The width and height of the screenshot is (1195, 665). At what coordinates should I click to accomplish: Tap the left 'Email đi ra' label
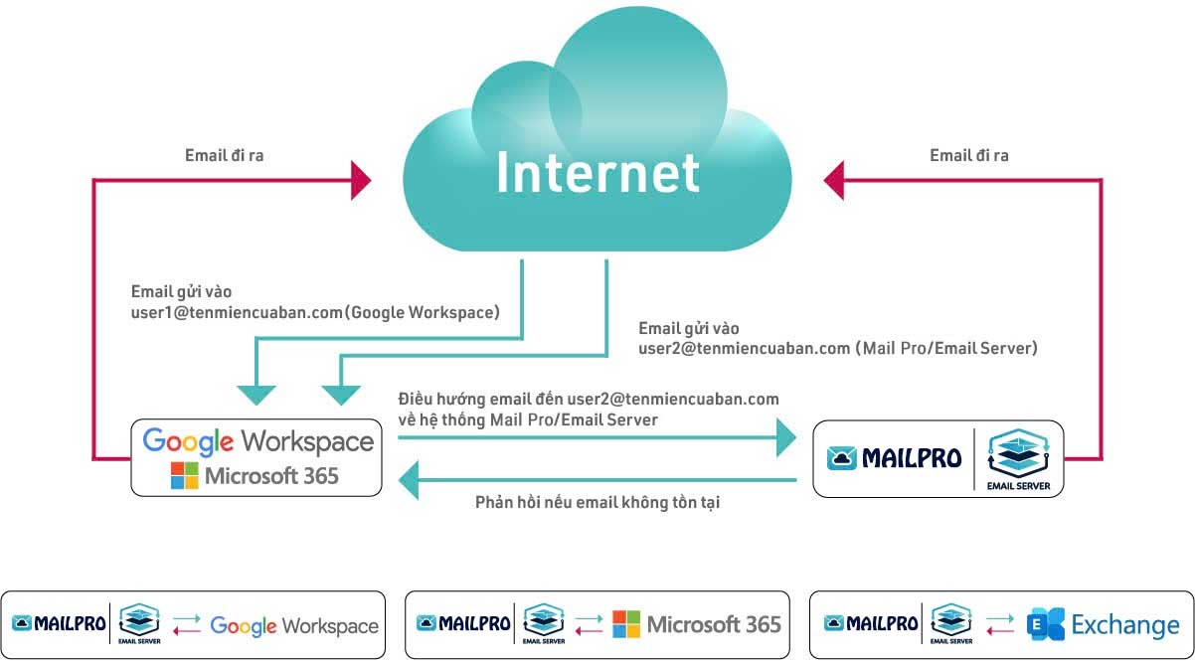click(x=225, y=155)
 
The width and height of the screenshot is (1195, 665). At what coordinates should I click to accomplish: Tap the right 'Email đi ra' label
click(x=969, y=155)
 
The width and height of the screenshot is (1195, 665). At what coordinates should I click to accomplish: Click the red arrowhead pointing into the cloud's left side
click(x=360, y=181)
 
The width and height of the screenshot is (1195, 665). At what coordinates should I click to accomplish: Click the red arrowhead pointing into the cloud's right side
click(x=834, y=181)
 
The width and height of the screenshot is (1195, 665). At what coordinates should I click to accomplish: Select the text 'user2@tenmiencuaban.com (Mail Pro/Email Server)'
click(x=838, y=349)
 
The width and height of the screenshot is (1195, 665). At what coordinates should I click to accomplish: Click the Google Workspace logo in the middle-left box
click(x=257, y=441)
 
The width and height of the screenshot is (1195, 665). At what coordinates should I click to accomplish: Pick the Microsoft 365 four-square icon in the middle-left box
click(x=185, y=475)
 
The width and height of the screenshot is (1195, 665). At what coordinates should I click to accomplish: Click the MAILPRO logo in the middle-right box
click(x=895, y=458)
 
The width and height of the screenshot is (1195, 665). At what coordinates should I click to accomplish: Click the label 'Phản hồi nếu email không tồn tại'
click(x=597, y=503)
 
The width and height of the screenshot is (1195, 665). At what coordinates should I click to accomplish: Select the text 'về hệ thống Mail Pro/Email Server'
click(x=527, y=420)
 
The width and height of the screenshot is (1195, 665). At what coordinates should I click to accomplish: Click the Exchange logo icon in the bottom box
click(x=1046, y=624)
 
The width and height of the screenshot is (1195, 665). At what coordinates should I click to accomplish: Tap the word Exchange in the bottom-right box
click(x=1125, y=625)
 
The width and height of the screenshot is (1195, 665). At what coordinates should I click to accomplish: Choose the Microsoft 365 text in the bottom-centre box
click(x=714, y=625)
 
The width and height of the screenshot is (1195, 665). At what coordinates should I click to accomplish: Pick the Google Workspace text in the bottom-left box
click(x=294, y=626)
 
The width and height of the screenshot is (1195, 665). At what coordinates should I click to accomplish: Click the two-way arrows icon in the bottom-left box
click(x=186, y=625)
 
